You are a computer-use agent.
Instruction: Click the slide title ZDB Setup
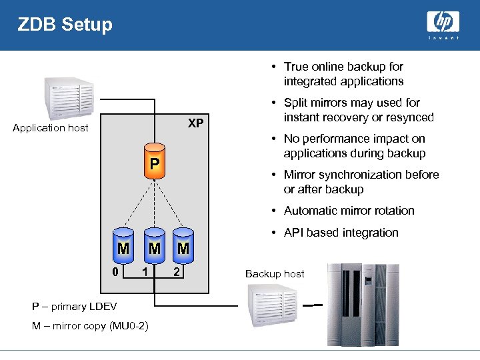(x=65, y=25)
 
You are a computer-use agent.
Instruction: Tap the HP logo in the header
(x=443, y=24)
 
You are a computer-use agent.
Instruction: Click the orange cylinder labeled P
(x=154, y=163)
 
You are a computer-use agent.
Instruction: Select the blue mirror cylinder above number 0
(x=123, y=245)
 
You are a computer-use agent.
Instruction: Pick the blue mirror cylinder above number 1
(x=154, y=245)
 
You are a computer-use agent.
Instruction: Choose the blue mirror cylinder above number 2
(x=183, y=245)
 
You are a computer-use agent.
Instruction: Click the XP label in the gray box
(x=195, y=123)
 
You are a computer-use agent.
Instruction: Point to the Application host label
(x=51, y=128)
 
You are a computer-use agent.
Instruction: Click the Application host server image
(x=69, y=97)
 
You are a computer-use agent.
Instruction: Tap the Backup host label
(x=275, y=274)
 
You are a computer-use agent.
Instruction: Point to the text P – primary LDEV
(x=74, y=307)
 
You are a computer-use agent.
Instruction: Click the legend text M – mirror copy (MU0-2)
(x=90, y=325)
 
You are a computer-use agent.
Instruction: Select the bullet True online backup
(x=343, y=74)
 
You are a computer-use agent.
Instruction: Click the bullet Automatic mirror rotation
(x=349, y=211)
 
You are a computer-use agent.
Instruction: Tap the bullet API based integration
(x=341, y=233)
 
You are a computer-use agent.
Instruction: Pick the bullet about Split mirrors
(x=358, y=110)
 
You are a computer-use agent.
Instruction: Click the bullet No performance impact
(x=354, y=146)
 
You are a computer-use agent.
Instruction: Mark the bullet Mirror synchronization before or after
(x=361, y=182)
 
